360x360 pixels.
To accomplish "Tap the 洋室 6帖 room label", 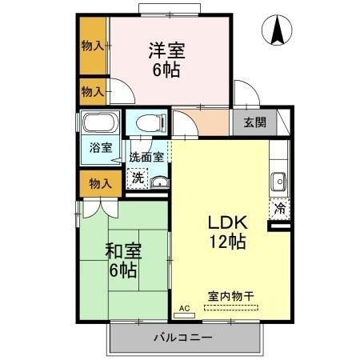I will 166,59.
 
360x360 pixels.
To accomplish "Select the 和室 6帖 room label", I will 123,259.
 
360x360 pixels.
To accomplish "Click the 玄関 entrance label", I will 255,123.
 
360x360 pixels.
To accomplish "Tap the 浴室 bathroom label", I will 100,148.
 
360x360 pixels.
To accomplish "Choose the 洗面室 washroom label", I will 146,158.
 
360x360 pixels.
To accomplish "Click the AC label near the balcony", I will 183,308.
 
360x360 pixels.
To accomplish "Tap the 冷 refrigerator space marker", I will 280,206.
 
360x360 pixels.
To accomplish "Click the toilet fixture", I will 149,122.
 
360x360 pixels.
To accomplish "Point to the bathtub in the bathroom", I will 99,124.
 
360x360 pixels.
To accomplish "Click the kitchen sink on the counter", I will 278,180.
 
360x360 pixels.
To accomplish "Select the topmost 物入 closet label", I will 92,46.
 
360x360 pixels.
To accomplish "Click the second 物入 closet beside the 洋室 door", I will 92,91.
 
